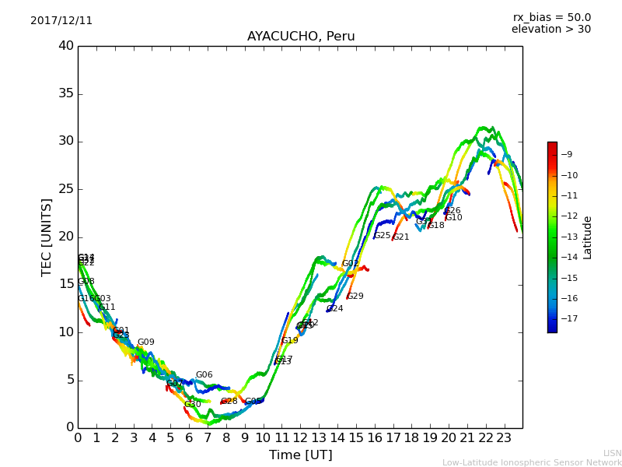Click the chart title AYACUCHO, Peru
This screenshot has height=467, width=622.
point(301,37)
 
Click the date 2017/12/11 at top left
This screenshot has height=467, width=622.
point(61,20)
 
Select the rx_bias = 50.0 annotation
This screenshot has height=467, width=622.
point(551,17)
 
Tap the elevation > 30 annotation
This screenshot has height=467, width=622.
point(551,30)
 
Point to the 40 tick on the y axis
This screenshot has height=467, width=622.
point(66,46)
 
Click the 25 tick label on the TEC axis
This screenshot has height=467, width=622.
point(66,189)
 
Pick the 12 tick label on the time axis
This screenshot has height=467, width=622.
point(300,438)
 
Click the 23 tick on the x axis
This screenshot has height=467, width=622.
point(504,438)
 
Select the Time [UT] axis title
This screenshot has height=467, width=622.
point(300,455)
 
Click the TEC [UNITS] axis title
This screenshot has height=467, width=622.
point(47,237)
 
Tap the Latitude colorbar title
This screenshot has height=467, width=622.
point(588,237)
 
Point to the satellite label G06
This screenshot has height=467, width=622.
point(204,375)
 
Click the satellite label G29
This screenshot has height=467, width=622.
point(355,297)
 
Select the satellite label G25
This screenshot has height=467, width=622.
point(383,236)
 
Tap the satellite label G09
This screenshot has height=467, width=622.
point(146,342)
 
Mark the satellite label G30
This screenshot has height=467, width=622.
point(193,405)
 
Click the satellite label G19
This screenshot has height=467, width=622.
point(290,341)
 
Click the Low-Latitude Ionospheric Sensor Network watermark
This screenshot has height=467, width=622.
point(532,462)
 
